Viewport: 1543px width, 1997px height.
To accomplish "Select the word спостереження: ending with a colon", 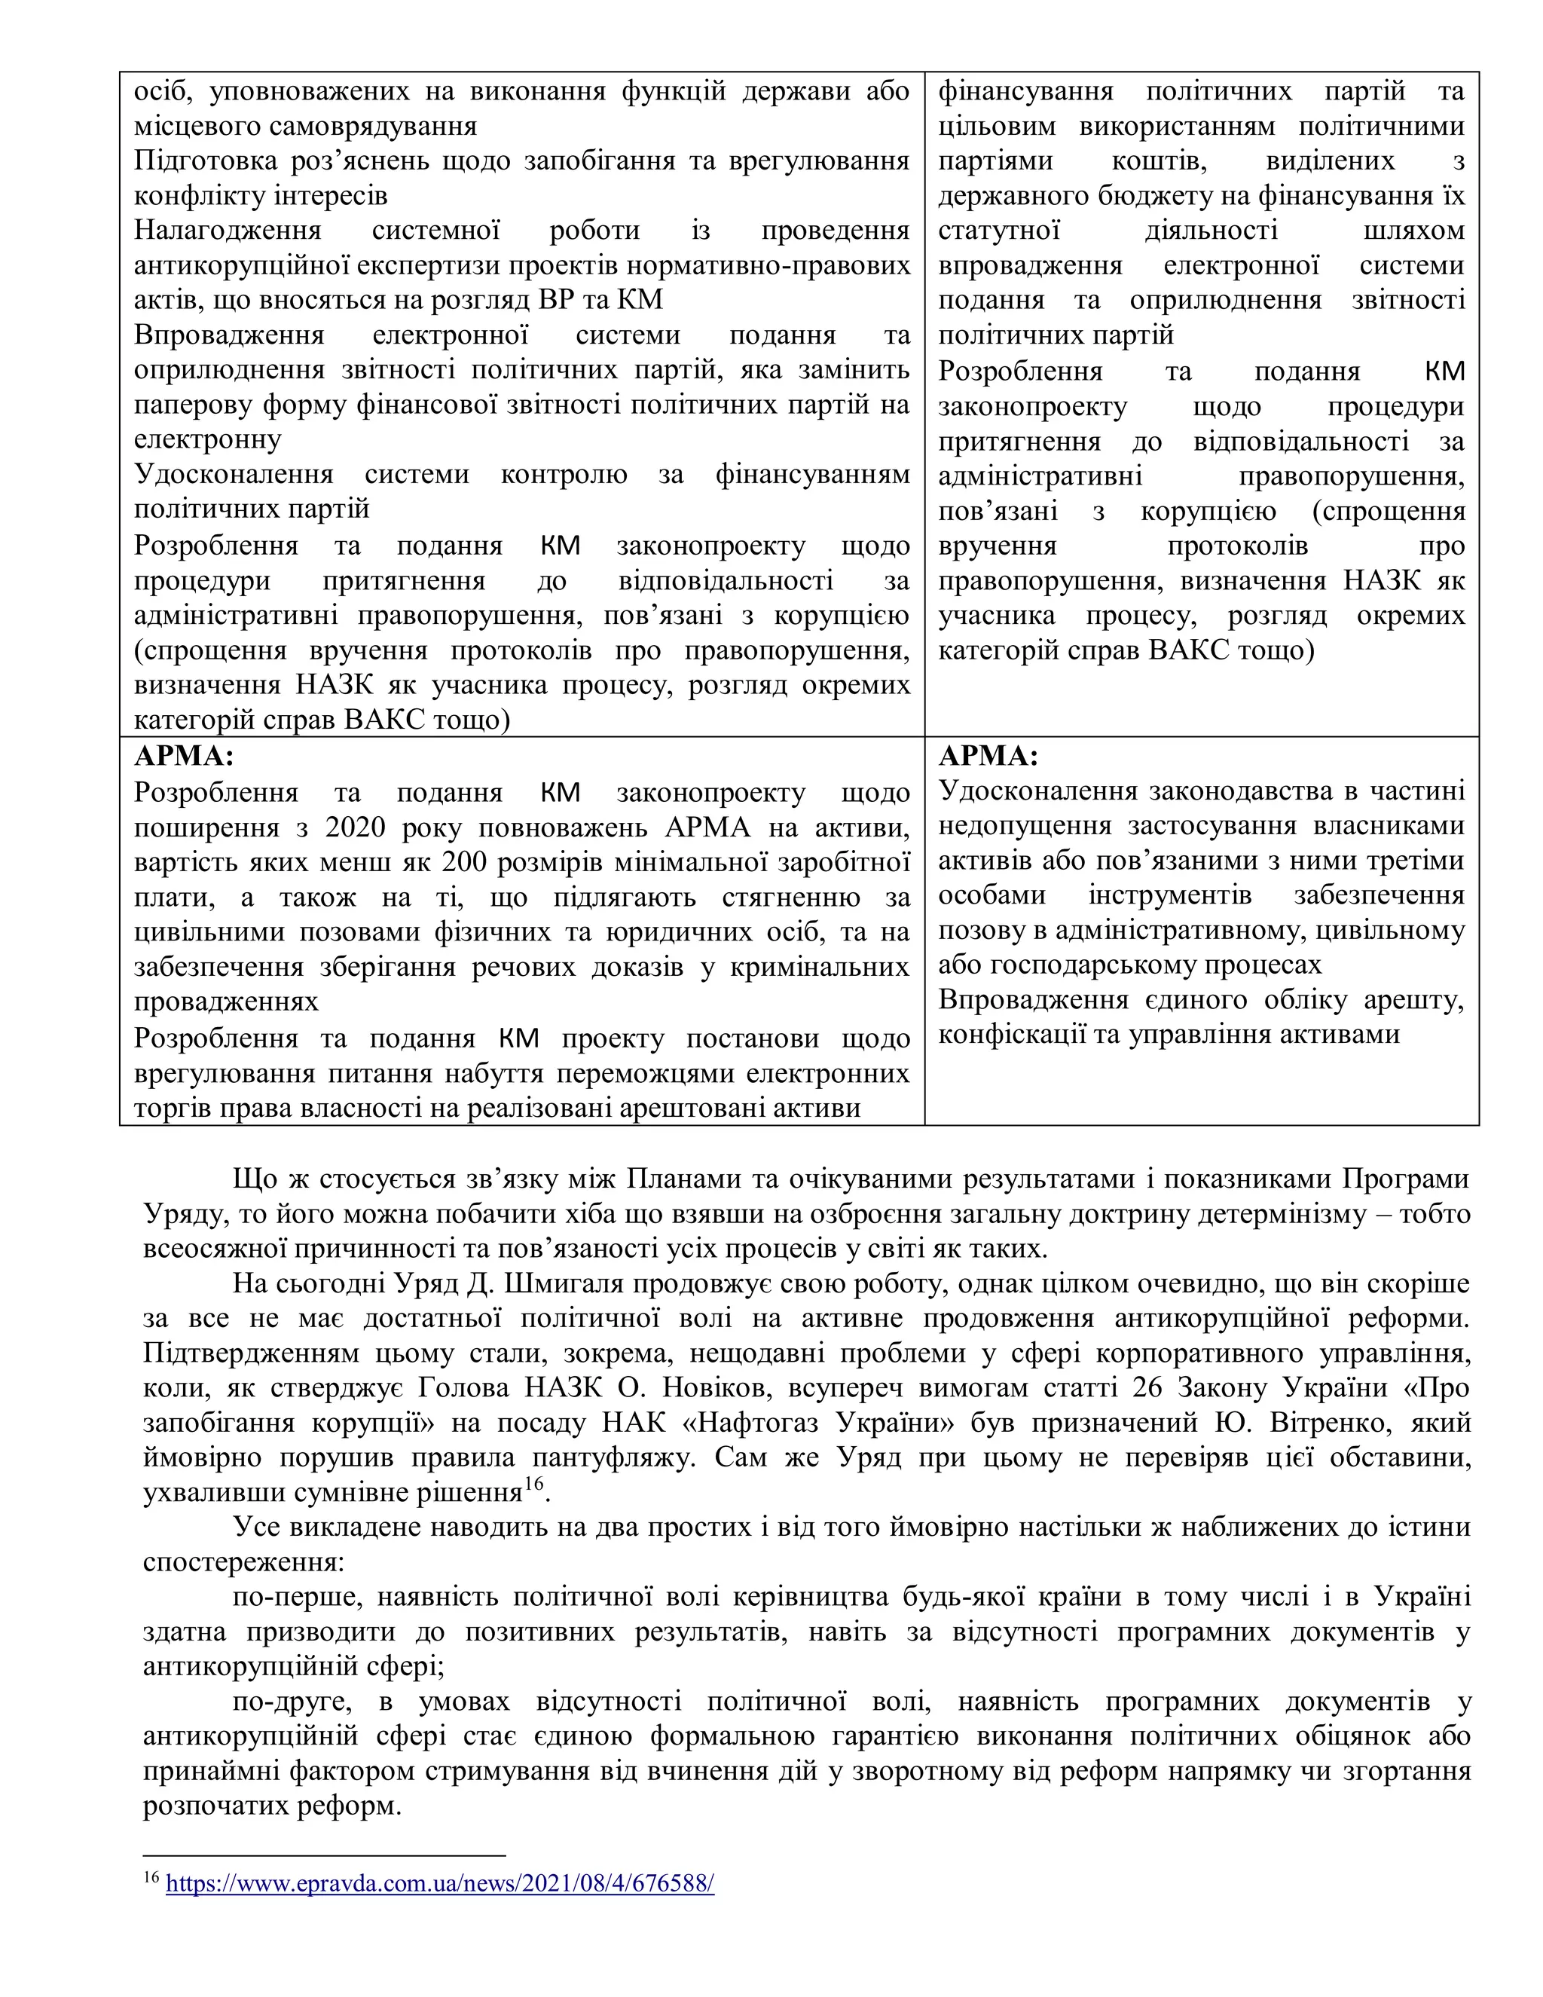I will tap(243, 1561).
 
